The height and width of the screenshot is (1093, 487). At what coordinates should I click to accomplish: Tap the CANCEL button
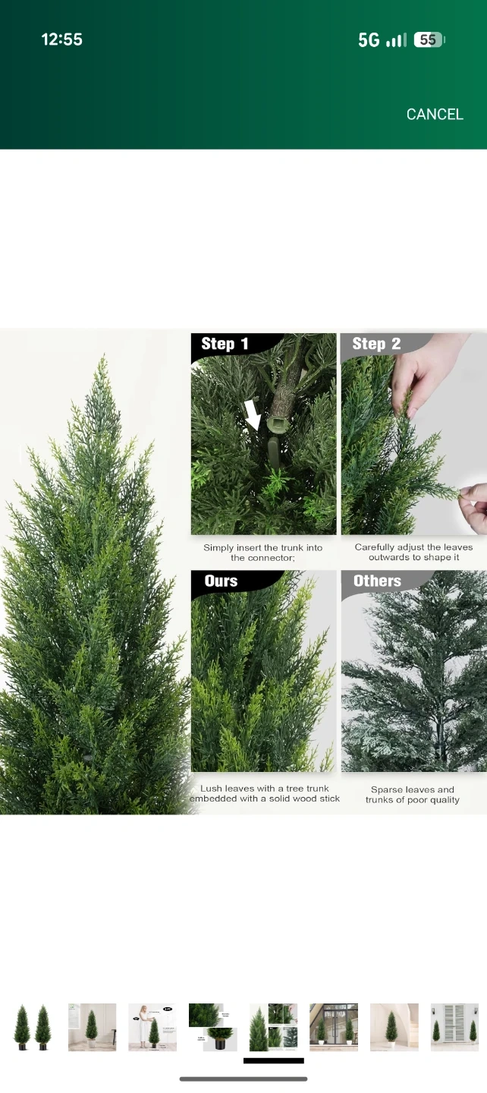pyautogui.click(x=435, y=114)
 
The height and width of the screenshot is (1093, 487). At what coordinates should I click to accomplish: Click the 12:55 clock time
pyautogui.click(x=62, y=39)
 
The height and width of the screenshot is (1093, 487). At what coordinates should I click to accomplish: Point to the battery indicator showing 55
pyautogui.click(x=429, y=39)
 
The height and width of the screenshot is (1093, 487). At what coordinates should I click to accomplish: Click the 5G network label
pyautogui.click(x=369, y=40)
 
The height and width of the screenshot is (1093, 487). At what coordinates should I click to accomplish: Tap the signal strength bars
pyautogui.click(x=396, y=40)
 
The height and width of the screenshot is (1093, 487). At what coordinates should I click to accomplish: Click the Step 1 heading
pyautogui.click(x=225, y=344)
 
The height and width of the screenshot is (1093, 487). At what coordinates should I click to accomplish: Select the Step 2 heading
pyautogui.click(x=376, y=344)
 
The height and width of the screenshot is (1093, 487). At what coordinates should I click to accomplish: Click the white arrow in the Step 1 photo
pyautogui.click(x=253, y=414)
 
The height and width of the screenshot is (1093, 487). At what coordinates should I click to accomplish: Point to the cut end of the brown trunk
pyautogui.click(x=278, y=423)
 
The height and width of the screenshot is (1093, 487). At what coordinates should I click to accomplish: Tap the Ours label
pyautogui.click(x=221, y=581)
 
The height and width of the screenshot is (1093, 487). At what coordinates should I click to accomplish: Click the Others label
pyautogui.click(x=377, y=581)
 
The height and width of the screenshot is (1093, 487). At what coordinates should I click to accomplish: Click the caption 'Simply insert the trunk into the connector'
pyautogui.click(x=262, y=553)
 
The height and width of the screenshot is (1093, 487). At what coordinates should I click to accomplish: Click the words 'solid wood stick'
pyautogui.click(x=304, y=798)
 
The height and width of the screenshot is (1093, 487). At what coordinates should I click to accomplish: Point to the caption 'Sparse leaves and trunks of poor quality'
pyautogui.click(x=413, y=795)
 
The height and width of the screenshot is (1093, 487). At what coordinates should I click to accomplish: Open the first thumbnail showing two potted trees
pyautogui.click(x=32, y=1027)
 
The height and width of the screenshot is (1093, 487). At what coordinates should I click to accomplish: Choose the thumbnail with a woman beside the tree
pyautogui.click(x=152, y=1027)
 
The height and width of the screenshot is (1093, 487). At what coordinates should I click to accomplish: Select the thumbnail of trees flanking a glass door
pyautogui.click(x=334, y=1027)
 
